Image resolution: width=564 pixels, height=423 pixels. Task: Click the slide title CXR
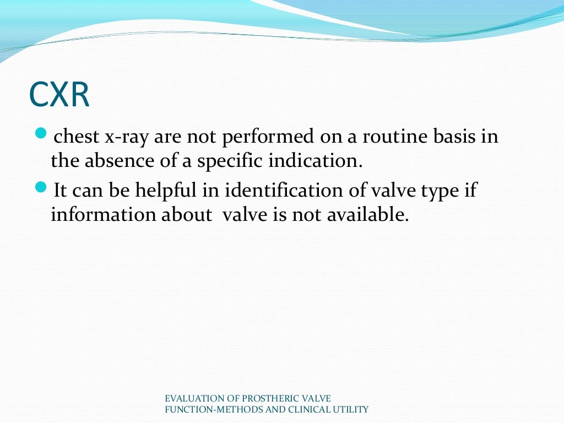click(59, 95)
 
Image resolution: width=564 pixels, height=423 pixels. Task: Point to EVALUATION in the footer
click(193, 398)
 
